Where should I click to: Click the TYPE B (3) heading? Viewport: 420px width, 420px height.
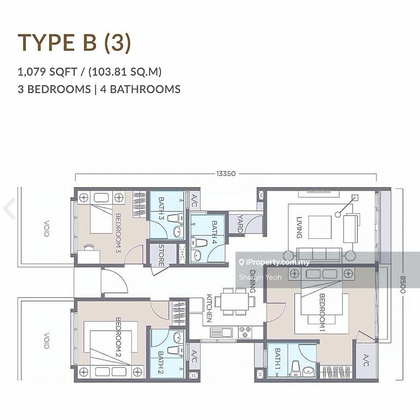pos(74,43)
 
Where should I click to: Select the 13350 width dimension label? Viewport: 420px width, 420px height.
pos(226,173)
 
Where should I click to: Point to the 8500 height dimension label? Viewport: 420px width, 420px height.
pos(403,284)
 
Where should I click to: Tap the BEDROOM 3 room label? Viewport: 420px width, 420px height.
pos(118,233)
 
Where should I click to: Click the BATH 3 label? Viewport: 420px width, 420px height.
pos(161,208)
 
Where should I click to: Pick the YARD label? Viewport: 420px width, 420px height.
pos(240,224)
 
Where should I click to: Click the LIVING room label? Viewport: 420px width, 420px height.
pos(299,227)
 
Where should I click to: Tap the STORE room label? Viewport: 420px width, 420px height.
pos(161,255)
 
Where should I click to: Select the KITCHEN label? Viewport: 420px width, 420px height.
pos(209,308)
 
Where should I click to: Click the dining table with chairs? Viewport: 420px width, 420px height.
pos(235,301)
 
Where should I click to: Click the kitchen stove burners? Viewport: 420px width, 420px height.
pos(245,332)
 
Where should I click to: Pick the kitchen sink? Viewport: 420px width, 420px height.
pos(221,332)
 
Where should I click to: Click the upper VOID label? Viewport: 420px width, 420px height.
pos(47,228)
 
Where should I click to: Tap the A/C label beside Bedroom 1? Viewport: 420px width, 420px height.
pos(366,360)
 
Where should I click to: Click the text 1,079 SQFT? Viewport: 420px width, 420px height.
pos(47,72)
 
